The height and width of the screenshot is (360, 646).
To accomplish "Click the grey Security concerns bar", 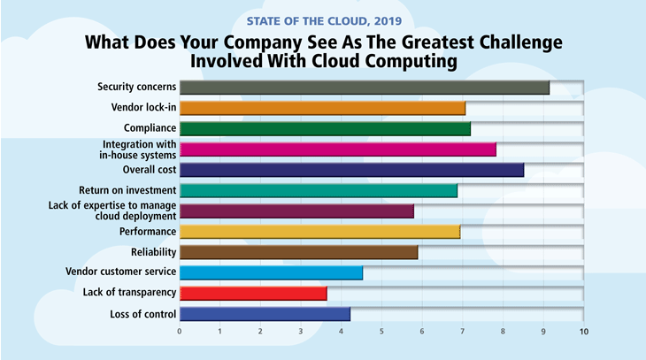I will [364, 87].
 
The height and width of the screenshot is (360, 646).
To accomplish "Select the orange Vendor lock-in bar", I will [322, 108].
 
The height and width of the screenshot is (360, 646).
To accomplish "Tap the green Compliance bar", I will [325, 129].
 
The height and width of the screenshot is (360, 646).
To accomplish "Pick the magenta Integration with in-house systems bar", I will [337, 149].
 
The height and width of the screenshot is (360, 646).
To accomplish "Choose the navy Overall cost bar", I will [351, 170].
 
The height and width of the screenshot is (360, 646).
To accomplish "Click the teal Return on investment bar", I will [318, 190].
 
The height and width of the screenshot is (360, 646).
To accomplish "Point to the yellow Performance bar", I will [319, 232].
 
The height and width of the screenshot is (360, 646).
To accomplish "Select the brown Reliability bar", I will [298, 252].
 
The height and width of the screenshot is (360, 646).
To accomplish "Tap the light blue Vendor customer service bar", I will [271, 272].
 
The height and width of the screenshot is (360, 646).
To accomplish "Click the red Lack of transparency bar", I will [253, 293].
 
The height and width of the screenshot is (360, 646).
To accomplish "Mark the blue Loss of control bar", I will [265, 313].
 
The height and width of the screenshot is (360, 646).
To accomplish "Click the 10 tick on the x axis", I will [583, 333].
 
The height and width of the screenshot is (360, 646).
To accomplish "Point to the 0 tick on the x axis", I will [180, 333].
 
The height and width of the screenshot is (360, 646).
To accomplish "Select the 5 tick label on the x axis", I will [381, 333].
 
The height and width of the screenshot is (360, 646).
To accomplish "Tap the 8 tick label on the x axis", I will [503, 333].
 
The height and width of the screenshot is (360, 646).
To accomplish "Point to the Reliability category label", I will [150, 252].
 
